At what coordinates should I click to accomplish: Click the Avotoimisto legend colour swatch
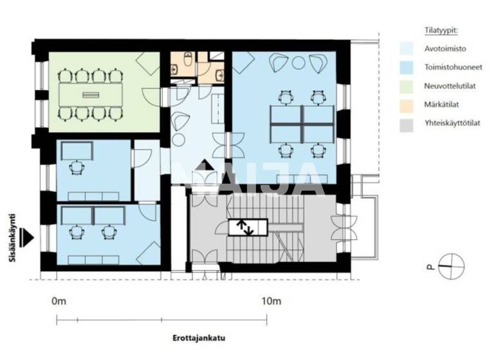407,49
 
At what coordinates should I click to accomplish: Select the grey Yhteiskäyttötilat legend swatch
407,125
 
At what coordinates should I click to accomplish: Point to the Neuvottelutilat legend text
450,86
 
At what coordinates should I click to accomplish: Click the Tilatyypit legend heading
441,31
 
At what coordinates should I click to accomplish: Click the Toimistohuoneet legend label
453,67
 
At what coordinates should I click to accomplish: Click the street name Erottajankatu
199,338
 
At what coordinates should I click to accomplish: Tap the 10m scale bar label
271,301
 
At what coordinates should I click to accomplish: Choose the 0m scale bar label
59,301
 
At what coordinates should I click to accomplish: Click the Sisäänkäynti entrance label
12,238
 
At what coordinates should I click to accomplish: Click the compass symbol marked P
451,266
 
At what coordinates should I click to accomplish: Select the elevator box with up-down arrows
248,228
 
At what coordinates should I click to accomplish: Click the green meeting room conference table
91,94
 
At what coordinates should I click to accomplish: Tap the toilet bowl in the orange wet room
188,59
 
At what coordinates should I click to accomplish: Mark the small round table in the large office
298,62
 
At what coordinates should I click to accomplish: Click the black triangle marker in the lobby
206,165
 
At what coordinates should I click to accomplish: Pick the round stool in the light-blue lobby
178,139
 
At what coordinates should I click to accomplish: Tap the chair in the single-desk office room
77,168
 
